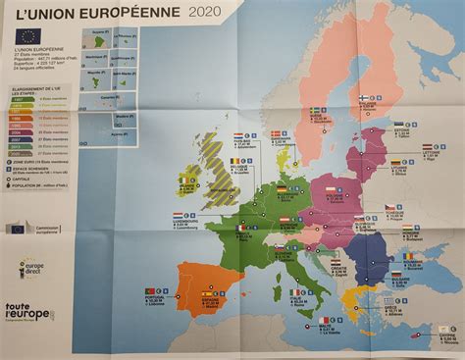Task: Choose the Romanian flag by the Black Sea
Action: point(407,256)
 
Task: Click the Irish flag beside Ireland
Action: point(161,180)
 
